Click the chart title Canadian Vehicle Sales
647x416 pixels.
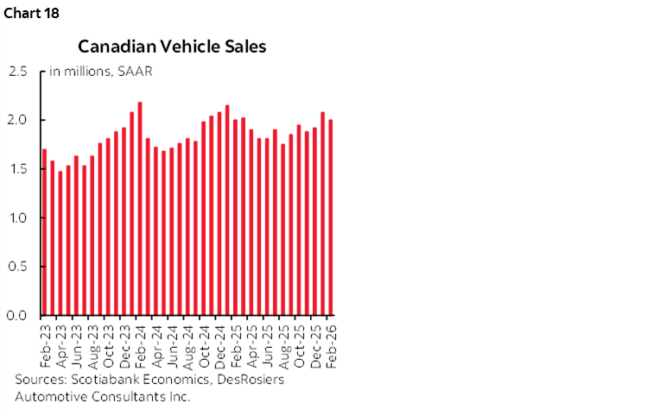[172, 46]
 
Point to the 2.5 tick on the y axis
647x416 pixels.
[18, 72]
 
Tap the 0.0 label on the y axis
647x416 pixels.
[18, 316]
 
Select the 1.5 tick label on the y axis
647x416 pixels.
[18, 169]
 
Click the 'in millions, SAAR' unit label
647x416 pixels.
[101, 72]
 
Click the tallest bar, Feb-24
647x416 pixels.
[140, 208]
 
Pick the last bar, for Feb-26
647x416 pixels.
[331, 217]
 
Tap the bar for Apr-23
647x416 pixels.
[60, 243]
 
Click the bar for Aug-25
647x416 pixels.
[283, 229]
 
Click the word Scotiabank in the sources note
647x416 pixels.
[102, 379]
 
